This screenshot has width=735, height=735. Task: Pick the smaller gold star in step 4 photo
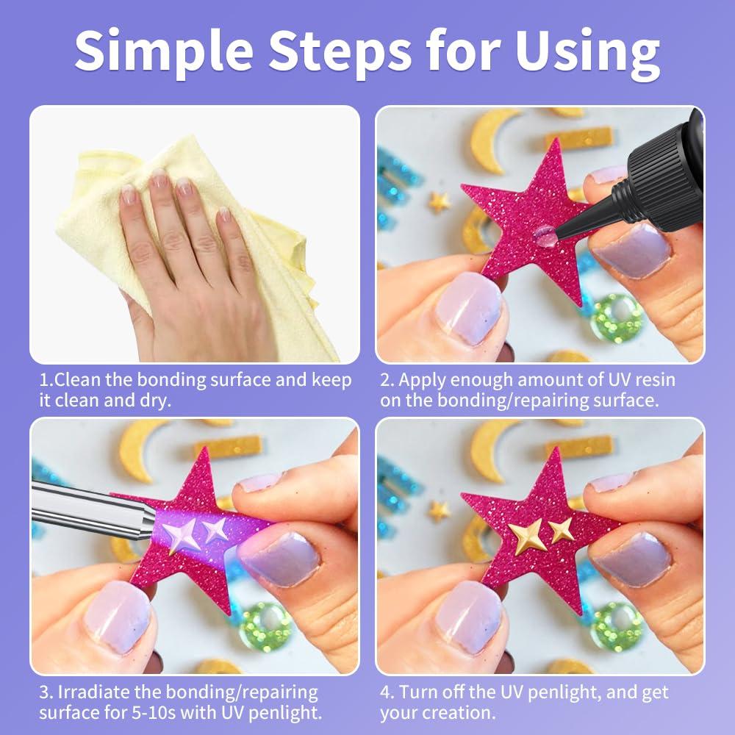point(562,530)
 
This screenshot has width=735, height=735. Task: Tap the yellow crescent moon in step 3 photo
point(140,448)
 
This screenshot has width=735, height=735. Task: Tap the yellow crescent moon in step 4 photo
point(489,448)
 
